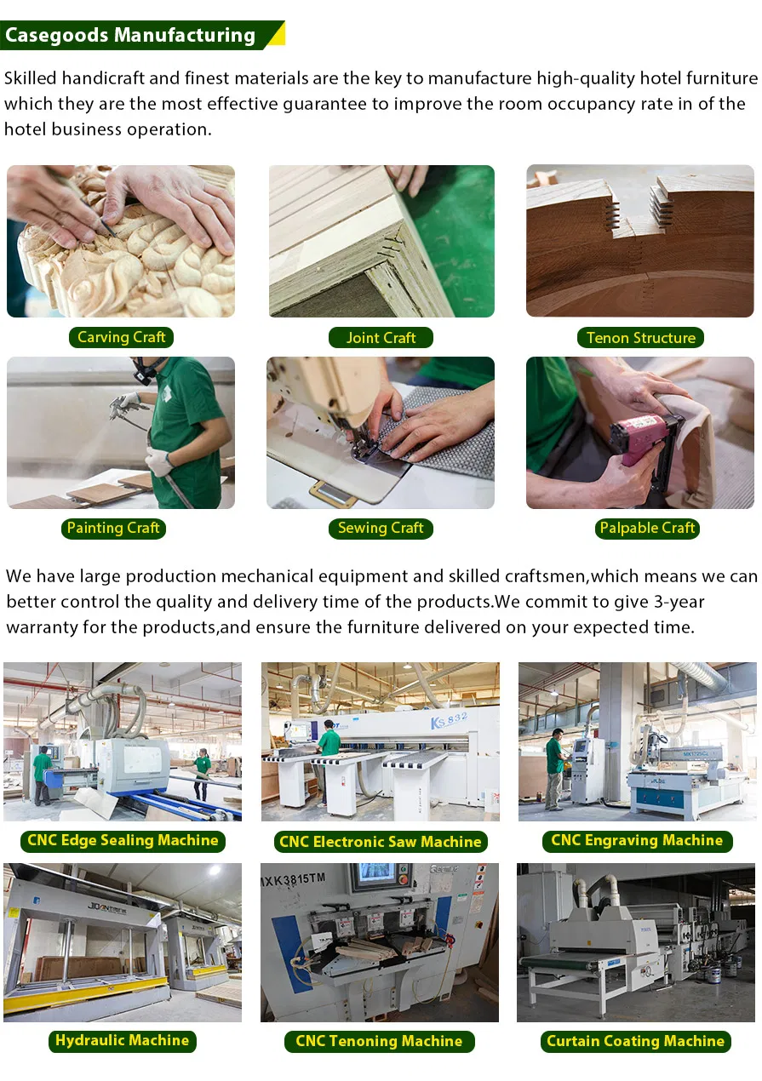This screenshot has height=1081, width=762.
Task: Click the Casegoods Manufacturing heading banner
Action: coord(142,35)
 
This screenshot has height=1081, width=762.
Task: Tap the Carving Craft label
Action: coord(121,337)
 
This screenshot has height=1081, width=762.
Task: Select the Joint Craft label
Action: coord(381,337)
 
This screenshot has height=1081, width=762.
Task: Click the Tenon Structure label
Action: coord(640,337)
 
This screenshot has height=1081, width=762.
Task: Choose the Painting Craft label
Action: coord(113,528)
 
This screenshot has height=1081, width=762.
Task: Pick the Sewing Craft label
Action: coord(381,528)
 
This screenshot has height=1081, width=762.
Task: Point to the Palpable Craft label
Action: coord(647,528)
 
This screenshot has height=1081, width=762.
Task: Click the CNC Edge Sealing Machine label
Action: coord(123,840)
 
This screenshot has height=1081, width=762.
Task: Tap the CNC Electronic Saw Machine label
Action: coord(381,841)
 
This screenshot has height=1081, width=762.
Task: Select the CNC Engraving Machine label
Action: coord(637,840)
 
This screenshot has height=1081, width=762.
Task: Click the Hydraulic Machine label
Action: coord(122,1040)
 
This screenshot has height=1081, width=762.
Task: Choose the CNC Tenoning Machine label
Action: coord(379,1041)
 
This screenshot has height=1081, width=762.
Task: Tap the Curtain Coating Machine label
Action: coord(635,1041)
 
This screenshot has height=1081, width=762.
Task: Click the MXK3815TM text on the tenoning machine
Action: coord(293,880)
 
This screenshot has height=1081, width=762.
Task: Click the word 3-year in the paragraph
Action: coord(679,602)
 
